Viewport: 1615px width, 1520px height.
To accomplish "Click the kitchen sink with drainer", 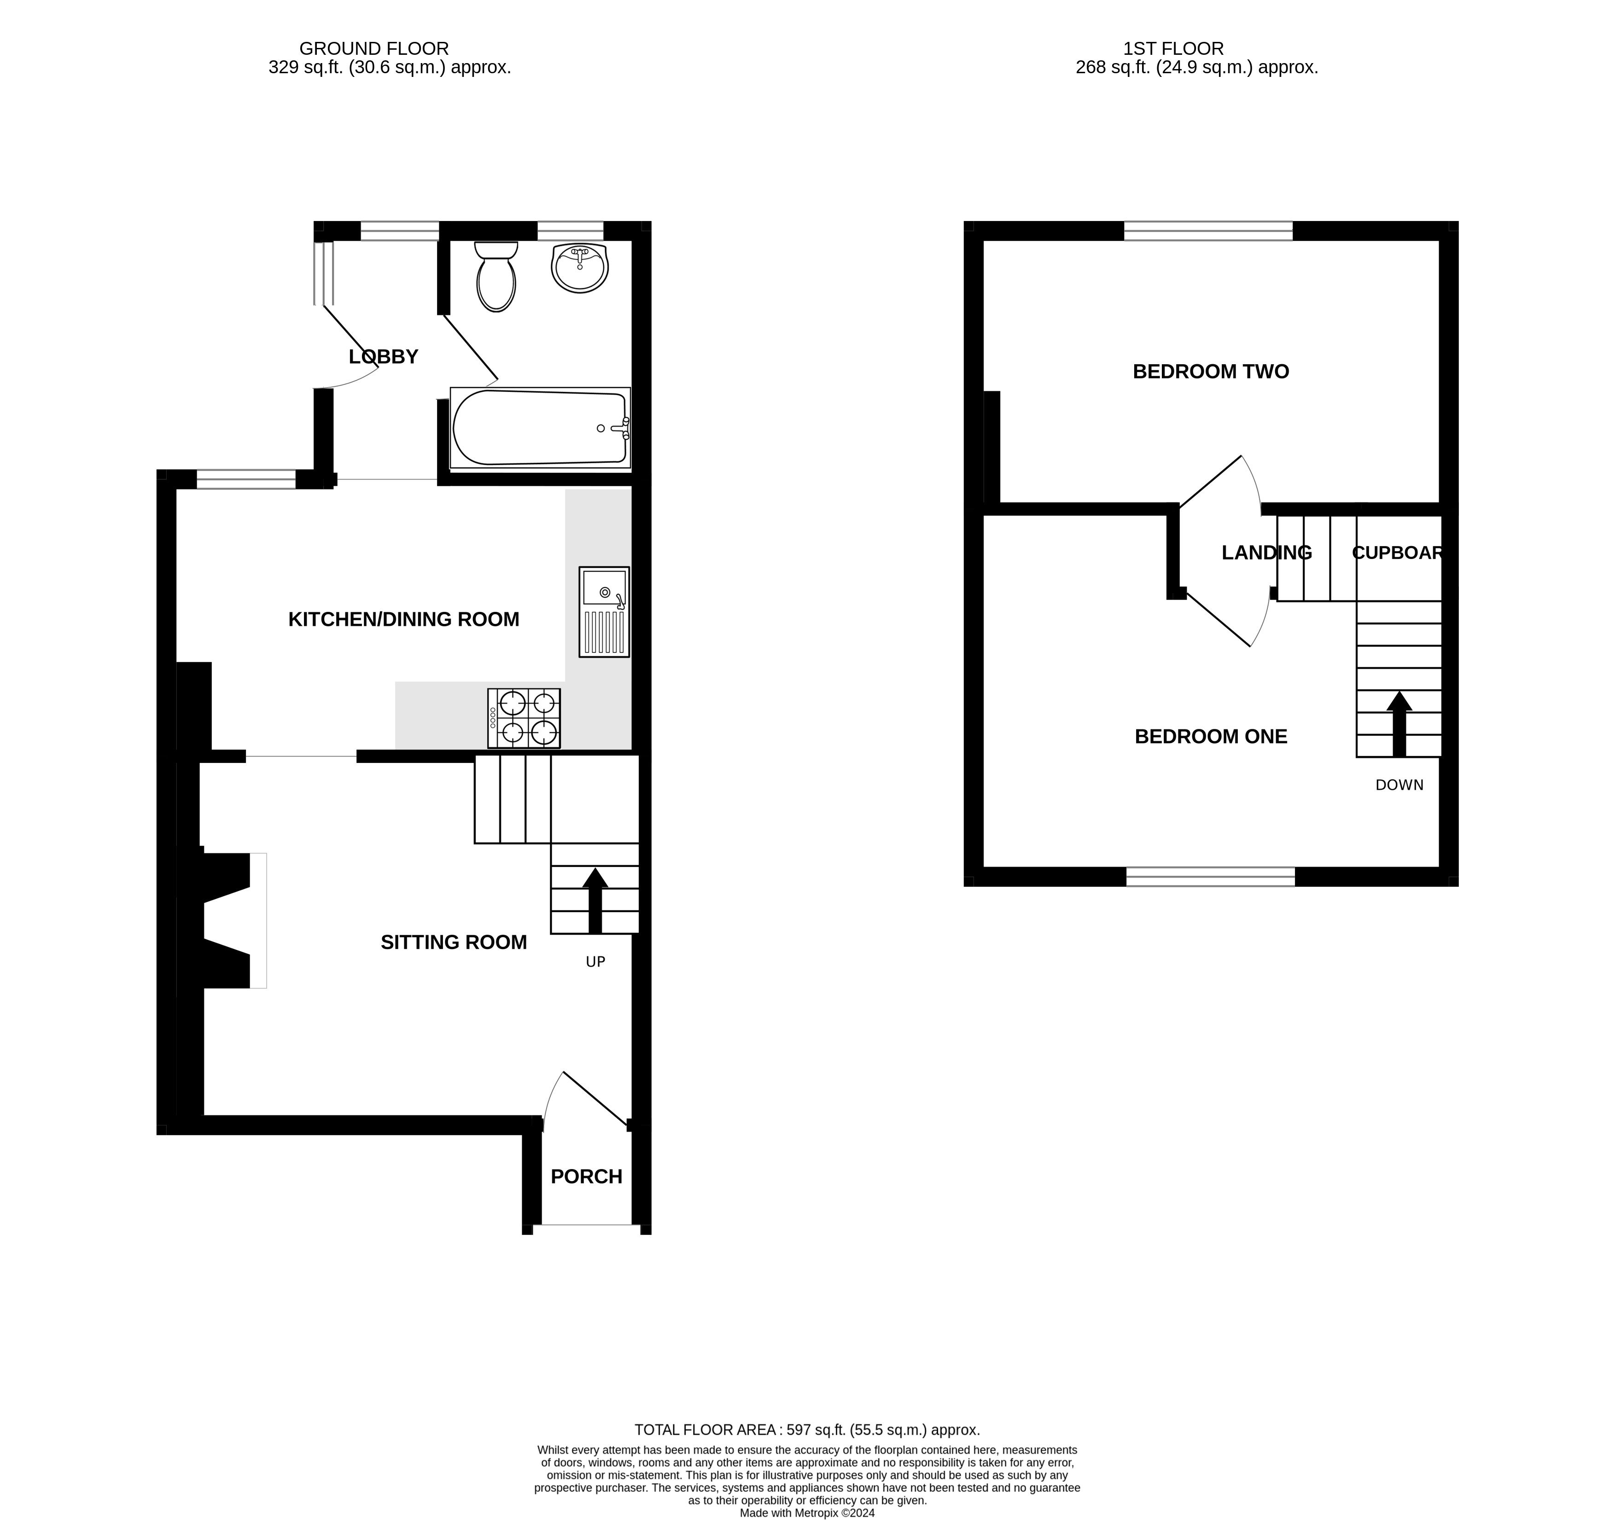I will (604, 612).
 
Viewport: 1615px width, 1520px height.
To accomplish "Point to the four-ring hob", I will (524, 718).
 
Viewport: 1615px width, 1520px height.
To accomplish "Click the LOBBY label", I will (384, 357).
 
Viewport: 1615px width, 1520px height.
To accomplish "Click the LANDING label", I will (1266, 553).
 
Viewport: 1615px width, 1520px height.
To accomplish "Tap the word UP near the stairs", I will (595, 962).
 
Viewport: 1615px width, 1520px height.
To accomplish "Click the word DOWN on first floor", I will (1399, 785).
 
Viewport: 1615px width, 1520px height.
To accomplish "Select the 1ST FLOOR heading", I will (1173, 49).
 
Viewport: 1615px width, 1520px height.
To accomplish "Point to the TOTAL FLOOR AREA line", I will (807, 1430).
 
